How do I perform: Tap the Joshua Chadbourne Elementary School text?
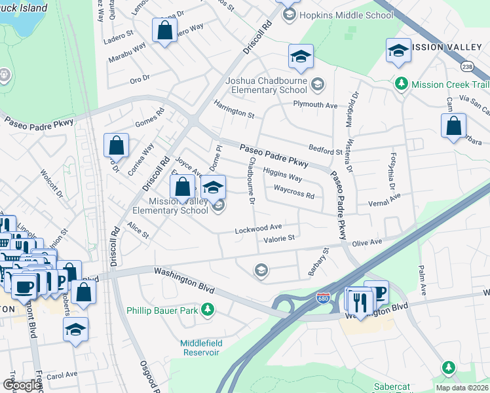tap(266, 85)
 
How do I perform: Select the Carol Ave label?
tap(62, 375)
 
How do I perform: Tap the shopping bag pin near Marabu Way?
tap(164, 30)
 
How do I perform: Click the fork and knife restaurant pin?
tap(360, 301)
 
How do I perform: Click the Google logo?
tap(22, 385)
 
